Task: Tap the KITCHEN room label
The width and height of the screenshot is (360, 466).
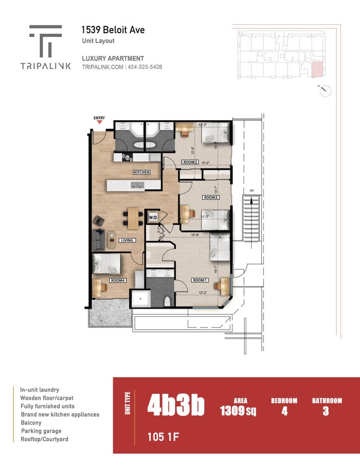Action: coord(141,172)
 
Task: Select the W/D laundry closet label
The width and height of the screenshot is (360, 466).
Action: coord(153,218)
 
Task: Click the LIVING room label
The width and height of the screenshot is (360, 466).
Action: coord(128,240)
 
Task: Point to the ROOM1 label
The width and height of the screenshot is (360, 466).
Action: coord(199,280)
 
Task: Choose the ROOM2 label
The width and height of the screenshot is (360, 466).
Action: coord(190,162)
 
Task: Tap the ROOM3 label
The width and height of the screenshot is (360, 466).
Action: coord(211,197)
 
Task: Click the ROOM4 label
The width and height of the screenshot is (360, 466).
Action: coord(117,280)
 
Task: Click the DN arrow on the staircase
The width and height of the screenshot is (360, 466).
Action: coord(252,191)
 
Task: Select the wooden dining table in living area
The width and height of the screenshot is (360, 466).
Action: coord(133,217)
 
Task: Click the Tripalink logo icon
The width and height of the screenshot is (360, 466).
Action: coord(46,40)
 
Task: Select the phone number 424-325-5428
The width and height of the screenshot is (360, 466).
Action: coord(145,67)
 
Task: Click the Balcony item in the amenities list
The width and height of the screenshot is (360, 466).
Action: coord(31,422)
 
